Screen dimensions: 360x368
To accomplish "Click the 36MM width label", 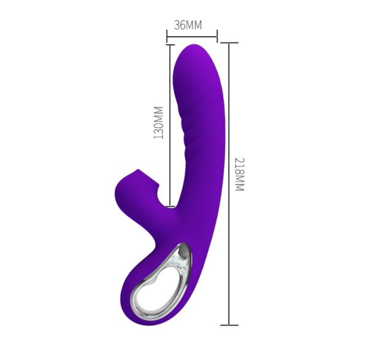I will point(187,25).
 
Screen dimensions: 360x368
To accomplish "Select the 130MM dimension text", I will point(158,122).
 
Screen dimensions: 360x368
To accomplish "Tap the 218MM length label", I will point(239,174).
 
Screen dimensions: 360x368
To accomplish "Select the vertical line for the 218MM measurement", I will point(229,184).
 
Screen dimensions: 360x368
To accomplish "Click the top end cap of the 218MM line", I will point(229,42).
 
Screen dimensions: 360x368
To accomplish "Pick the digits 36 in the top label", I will point(180,25).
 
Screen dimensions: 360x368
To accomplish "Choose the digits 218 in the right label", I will point(239,166).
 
